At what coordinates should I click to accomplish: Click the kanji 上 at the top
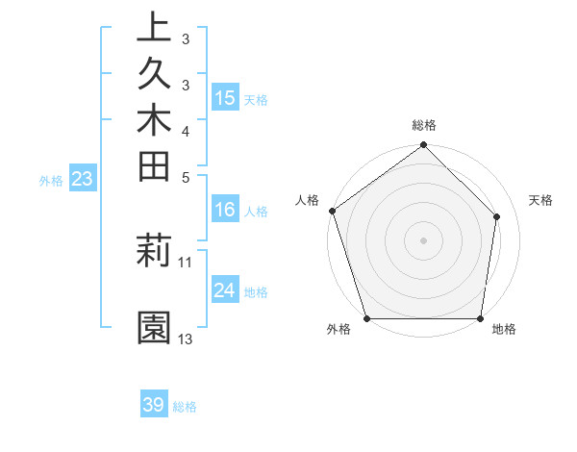point(154,29)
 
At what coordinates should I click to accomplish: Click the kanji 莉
point(154,253)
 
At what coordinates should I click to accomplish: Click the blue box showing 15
point(225,97)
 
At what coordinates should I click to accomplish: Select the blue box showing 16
point(225,209)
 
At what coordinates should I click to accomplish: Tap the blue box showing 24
point(225,289)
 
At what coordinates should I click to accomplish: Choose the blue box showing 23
point(82,178)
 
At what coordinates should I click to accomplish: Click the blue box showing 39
point(154,405)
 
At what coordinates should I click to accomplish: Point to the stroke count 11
point(186,262)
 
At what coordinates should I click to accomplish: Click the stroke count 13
point(186,339)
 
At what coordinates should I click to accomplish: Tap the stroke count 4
point(186,130)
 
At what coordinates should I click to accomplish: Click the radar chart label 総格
point(424,126)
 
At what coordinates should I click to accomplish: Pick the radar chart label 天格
point(541,200)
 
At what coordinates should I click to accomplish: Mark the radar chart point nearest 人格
point(332,211)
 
